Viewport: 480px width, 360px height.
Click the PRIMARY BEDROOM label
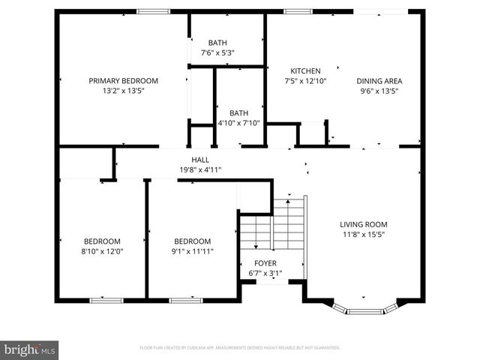click(x=124, y=81)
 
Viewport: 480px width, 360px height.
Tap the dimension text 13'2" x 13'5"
click(x=124, y=91)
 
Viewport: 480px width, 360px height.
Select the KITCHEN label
click(x=305, y=71)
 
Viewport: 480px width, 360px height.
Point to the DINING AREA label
click(x=379, y=81)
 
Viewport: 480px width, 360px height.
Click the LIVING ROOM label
click(x=364, y=224)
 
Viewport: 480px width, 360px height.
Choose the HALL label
click(x=200, y=160)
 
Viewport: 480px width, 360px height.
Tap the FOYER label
click(x=265, y=264)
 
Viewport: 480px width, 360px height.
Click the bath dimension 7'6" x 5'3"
click(x=218, y=53)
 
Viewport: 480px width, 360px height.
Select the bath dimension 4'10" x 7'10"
click(x=238, y=123)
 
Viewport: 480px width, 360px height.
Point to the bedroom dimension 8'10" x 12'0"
click(x=102, y=251)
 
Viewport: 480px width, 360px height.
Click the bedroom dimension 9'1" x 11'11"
click(x=192, y=251)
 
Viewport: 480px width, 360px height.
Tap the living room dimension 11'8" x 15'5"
click(x=364, y=234)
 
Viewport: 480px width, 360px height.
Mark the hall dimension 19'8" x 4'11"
click(x=200, y=169)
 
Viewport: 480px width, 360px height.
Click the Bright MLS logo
click(x=30, y=349)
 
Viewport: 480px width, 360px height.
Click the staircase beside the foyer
click(x=274, y=225)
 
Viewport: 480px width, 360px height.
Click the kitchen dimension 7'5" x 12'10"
click(x=305, y=81)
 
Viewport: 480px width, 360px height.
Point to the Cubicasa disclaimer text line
click(x=240, y=348)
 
